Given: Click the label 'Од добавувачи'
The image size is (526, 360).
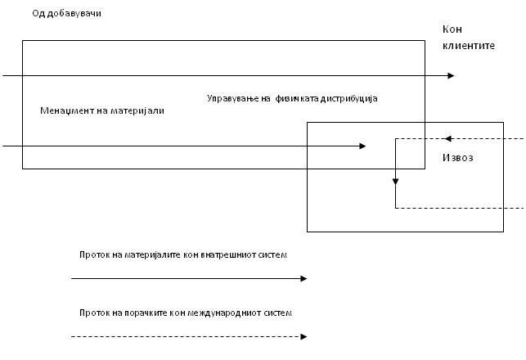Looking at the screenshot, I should [67, 15].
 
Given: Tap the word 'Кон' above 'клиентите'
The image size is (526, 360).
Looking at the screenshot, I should [452, 29].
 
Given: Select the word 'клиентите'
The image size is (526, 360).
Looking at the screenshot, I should [469, 46].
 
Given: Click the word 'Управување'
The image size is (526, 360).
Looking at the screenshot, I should [232, 98].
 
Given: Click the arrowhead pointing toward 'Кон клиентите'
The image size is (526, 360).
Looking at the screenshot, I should [451, 76].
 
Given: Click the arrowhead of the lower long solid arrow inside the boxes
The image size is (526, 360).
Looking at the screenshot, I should [362, 146].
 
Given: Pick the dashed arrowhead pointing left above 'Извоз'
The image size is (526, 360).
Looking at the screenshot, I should [448, 138].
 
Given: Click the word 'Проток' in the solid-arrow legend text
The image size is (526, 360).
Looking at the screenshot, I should [94, 255].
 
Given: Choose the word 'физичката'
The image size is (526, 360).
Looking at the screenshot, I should [299, 98].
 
